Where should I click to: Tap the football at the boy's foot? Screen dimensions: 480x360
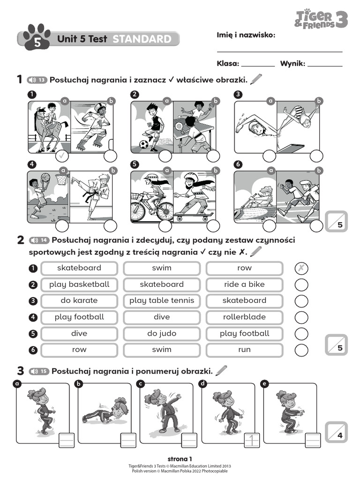click(x=143, y=144)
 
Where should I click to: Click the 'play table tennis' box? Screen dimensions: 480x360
click(x=161, y=300)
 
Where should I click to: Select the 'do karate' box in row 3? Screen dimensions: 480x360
click(x=79, y=300)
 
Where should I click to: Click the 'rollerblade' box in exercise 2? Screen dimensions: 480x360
click(x=244, y=317)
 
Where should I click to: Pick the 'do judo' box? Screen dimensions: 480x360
click(x=161, y=333)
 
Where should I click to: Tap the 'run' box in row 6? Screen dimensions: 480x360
click(x=244, y=350)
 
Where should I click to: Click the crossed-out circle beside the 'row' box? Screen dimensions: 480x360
click(x=301, y=268)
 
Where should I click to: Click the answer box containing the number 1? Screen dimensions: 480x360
click(x=253, y=440)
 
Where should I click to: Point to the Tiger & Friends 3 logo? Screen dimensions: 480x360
click(x=321, y=18)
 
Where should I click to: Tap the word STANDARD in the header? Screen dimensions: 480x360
click(x=142, y=39)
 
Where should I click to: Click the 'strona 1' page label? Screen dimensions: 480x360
click(x=180, y=458)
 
